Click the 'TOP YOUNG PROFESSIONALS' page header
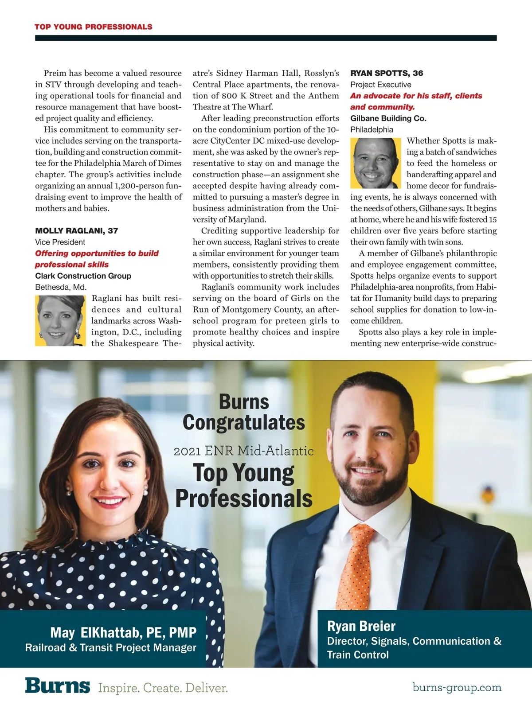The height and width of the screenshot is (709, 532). [93, 27]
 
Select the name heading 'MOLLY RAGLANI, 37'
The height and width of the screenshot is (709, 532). [76, 230]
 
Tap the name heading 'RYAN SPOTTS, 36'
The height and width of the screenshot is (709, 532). [387, 73]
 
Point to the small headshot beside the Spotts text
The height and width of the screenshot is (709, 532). [376, 163]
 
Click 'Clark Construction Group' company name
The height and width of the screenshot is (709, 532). [83, 276]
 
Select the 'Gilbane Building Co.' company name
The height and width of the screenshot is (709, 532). [388, 118]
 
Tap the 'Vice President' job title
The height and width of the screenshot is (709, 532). [60, 242]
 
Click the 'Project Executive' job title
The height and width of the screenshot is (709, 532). [380, 84]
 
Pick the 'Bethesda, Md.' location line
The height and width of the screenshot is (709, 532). [61, 287]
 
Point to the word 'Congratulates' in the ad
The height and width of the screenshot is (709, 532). [243, 422]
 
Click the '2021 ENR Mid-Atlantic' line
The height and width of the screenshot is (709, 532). [243, 451]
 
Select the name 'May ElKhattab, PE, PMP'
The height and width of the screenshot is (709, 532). [123, 632]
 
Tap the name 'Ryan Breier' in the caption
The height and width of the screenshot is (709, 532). [361, 626]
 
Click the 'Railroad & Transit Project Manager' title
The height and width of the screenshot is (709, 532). [110, 647]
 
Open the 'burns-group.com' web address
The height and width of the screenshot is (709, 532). [457, 687]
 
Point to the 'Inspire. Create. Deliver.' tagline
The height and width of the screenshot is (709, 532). [163, 688]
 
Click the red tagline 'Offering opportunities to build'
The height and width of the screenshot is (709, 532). [97, 253]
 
